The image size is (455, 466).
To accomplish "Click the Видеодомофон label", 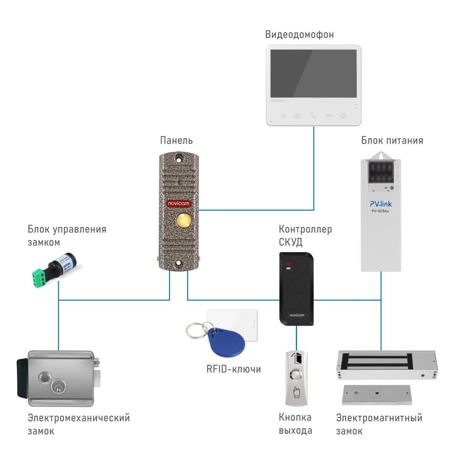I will [299, 34].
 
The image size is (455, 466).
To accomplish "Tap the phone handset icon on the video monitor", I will [313, 116].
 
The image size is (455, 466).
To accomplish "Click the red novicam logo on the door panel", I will [179, 204].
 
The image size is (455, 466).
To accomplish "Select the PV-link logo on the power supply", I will [380, 204].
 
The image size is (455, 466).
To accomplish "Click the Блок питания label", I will [392, 140].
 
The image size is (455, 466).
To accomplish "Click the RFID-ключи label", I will [233, 369].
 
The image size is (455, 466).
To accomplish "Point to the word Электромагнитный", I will [379, 418].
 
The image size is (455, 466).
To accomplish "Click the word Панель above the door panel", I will [177, 140].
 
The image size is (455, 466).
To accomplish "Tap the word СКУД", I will [291, 242].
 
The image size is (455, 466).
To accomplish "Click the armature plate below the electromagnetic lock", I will [377, 394].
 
